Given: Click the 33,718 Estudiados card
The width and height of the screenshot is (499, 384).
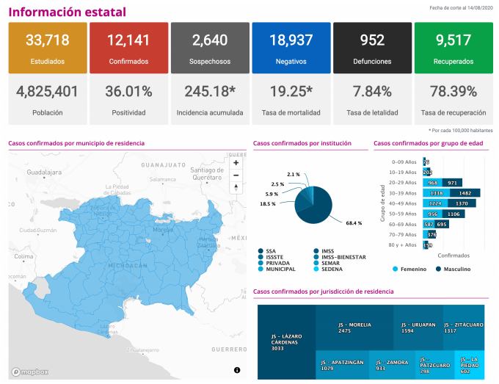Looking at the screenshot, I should (48, 48).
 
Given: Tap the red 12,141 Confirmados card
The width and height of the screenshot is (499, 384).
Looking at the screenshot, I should (128, 48).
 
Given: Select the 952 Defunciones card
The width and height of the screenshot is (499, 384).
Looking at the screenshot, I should (372, 48).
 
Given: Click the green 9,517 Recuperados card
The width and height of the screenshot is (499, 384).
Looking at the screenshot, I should (453, 48).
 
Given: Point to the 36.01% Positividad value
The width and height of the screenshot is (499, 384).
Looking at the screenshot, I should (128, 92).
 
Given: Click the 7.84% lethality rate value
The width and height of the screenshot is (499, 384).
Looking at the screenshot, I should (372, 92).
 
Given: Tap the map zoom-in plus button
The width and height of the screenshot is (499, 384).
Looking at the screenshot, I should (236, 163).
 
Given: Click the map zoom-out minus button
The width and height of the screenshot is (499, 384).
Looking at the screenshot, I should (236, 175).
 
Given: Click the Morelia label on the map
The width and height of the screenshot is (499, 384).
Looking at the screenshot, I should (162, 230).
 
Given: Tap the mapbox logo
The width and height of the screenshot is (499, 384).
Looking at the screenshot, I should (29, 372).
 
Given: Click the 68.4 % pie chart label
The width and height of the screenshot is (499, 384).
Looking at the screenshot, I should (354, 222).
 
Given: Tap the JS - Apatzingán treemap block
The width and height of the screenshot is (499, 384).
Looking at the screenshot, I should (342, 364).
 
